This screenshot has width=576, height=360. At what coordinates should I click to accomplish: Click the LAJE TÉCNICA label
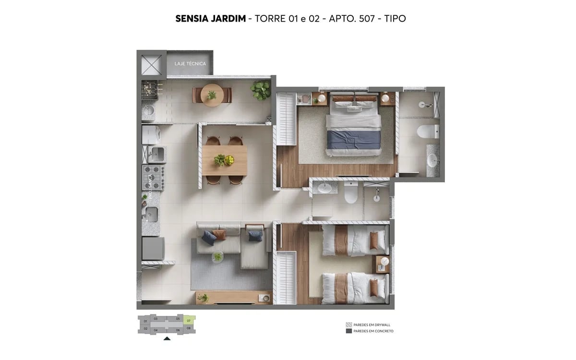coord(190,64)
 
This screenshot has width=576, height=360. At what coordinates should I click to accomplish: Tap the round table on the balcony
coord(212,95)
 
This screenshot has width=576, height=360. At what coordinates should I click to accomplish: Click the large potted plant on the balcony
coord(261,89)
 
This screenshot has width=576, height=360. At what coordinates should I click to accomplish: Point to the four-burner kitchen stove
coord(154,177)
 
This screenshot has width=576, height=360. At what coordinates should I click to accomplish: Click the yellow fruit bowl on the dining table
coord(229,160)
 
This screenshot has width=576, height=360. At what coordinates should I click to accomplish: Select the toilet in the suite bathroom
coord(427,131)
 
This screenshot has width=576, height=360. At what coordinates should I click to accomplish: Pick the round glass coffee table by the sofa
coord(218,257)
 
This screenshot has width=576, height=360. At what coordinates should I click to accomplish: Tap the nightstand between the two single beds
coord(383,264)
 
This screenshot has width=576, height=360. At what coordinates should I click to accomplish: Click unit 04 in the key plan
coord(156,330)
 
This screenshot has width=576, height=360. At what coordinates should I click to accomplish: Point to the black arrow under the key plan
coord(167,338)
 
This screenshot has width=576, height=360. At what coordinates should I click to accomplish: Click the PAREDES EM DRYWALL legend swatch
coord(348,325)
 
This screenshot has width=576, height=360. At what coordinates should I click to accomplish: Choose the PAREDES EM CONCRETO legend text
coord(373,331)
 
